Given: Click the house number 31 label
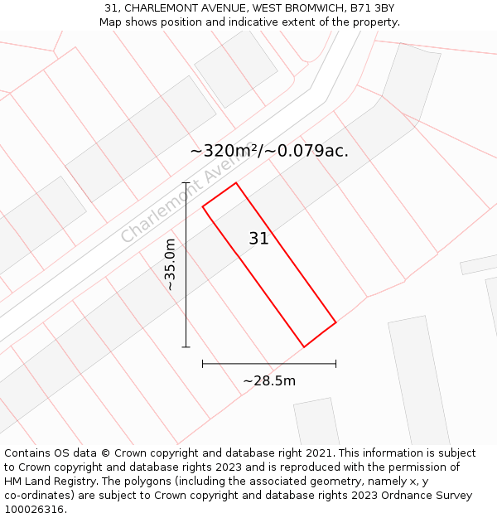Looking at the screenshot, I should point(258,239).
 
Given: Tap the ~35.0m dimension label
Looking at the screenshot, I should point(170,264).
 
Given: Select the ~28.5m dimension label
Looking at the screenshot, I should point(269,381).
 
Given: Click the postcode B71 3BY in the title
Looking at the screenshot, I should point(372,7).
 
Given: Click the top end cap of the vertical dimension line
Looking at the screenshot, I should point(186,182).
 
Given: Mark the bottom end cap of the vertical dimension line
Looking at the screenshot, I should point(186,346).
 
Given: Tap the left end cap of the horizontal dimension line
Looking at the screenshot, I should point(203,363).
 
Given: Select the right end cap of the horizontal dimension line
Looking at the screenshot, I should point(335,363).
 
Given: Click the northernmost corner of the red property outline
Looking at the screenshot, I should point(236,183).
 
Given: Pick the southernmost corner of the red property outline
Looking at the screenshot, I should point(304,346).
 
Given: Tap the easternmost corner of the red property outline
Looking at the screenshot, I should point(335,322).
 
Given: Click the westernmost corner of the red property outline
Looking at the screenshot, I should point(203,206).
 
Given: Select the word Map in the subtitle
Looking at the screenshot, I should point(111,22).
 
